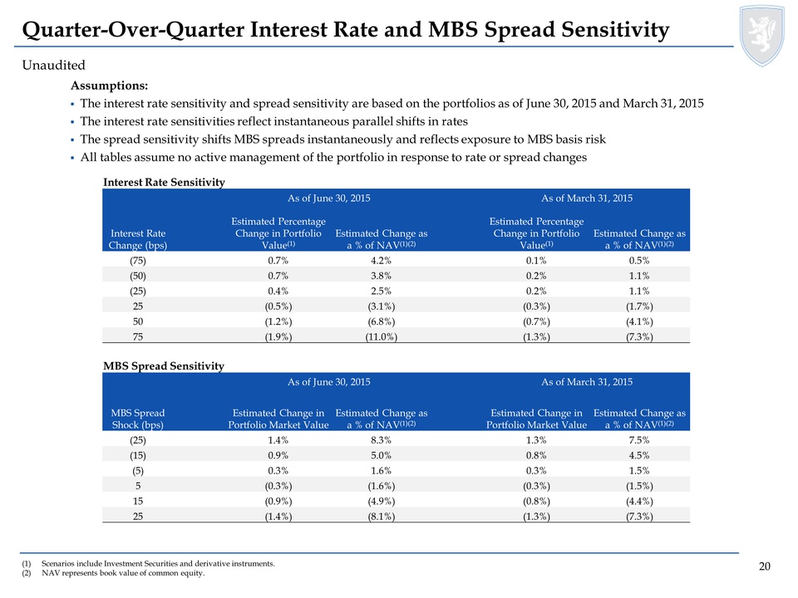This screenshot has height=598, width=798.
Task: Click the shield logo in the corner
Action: click(x=762, y=35)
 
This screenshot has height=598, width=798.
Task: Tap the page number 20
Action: click(x=765, y=566)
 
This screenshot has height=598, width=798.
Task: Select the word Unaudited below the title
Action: click(x=53, y=65)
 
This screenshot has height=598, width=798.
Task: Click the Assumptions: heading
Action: click(x=110, y=86)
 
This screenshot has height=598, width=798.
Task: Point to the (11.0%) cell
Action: click(x=382, y=336)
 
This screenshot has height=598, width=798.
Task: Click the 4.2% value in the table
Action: click(x=382, y=260)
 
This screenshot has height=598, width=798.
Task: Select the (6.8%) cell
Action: click(x=382, y=321)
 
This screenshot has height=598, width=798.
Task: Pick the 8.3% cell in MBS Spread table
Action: click(x=382, y=440)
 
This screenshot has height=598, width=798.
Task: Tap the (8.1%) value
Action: click(x=382, y=516)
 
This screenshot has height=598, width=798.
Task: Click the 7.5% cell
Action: click(x=639, y=440)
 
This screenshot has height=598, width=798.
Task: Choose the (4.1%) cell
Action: click(x=639, y=321)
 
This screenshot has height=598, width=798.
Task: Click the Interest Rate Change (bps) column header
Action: click(x=138, y=239)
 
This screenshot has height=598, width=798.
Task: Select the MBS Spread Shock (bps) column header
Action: click(x=138, y=419)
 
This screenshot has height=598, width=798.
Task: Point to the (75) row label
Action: click(x=138, y=260)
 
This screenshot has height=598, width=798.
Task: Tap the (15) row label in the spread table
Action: click(x=138, y=455)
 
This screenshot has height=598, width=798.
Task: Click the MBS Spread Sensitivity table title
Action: click(x=164, y=366)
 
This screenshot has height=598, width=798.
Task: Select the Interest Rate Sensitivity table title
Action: click(x=164, y=182)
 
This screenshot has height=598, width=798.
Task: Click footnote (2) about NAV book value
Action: click(x=113, y=573)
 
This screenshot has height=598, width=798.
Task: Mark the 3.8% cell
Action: click(x=382, y=276)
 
